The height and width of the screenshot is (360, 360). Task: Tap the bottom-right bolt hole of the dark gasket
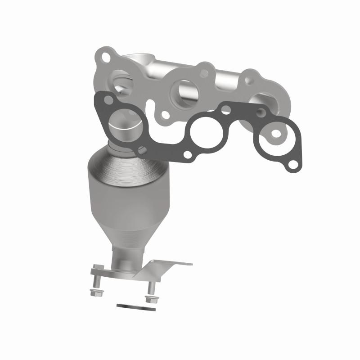click(293, 166)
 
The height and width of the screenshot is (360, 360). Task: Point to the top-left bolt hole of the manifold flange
click(105, 58)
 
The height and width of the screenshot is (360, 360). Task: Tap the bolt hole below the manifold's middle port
click(166, 115)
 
